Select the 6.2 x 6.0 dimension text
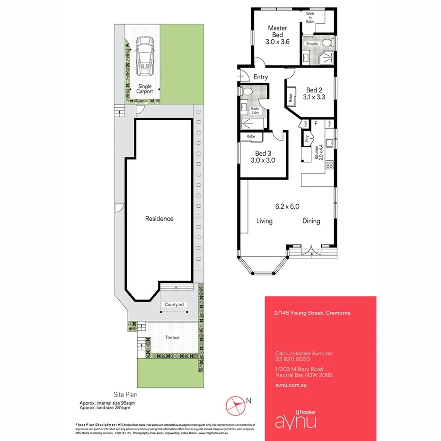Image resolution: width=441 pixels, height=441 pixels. (288, 206)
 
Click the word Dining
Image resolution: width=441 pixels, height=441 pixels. (311, 221)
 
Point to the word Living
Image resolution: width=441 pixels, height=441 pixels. (265, 221)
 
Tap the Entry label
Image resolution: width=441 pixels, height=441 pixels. (260, 77)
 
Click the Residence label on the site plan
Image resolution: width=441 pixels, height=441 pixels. (159, 219)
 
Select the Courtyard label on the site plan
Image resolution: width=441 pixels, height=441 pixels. (174, 305)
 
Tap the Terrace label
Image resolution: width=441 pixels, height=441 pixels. (172, 337)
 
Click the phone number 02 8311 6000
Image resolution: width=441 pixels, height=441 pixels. (292, 359)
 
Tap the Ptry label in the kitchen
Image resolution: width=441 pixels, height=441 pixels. (307, 139)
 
